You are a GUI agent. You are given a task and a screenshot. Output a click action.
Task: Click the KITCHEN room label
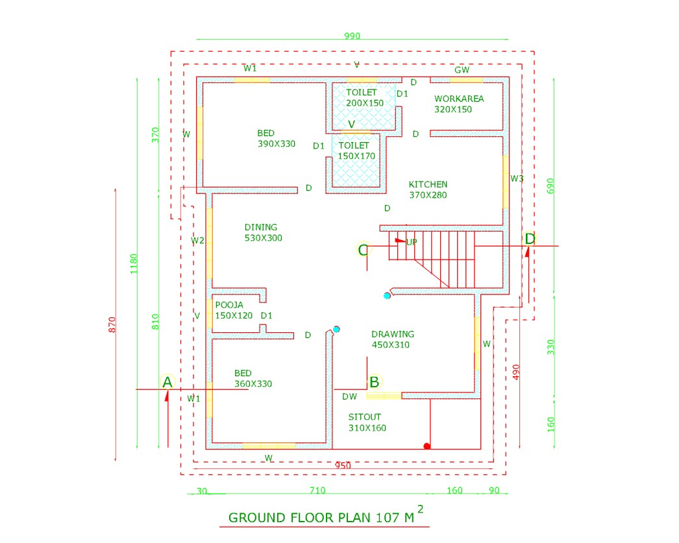428,184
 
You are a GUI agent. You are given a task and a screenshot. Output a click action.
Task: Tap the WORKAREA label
459,99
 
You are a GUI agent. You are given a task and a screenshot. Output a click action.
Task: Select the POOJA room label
228,304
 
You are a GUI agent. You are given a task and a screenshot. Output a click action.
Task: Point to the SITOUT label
365,416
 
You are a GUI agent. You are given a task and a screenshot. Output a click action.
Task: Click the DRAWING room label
393,334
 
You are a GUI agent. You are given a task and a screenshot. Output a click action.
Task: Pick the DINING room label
261,227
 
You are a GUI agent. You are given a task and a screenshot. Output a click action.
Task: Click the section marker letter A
167,382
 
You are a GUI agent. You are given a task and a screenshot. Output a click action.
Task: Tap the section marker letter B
374,381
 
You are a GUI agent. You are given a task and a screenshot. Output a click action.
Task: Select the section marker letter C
363,249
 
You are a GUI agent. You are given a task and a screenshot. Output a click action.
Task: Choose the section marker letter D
530,239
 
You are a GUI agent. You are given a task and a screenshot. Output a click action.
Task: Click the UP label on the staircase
411,242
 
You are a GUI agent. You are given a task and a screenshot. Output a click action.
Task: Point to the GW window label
462,69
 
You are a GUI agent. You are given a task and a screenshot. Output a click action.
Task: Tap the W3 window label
517,178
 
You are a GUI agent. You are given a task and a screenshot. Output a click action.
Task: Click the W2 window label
198,241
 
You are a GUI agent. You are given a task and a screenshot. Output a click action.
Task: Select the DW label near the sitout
349,396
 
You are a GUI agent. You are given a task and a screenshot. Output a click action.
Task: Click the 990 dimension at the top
352,36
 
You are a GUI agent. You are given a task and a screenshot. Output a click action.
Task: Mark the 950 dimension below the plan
343,466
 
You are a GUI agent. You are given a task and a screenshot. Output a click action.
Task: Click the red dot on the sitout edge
426,446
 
